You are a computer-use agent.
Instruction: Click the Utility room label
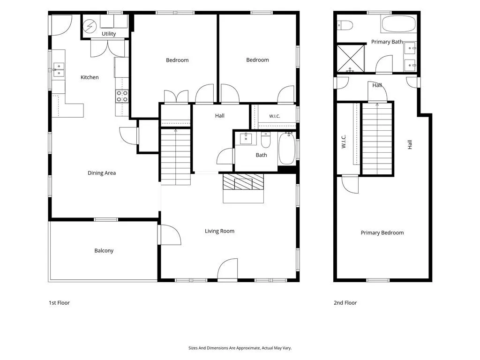109,34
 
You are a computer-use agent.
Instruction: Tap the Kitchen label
90,77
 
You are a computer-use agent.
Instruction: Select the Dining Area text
102,173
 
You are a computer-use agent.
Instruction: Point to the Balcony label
104,250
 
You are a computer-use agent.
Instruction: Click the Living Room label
219,231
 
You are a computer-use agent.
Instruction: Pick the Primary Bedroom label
382,232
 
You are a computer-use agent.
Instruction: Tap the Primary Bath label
387,42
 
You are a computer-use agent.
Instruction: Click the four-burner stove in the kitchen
122,96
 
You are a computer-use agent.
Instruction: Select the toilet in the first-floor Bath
265,140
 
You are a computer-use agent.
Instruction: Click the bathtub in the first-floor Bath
286,149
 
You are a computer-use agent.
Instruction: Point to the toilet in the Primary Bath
345,25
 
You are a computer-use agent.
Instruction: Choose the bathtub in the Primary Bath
398,23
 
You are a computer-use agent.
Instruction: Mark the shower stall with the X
351,59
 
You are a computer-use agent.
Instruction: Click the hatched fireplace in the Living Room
243,182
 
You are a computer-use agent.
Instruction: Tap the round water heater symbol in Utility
90,26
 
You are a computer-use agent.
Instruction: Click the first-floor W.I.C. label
275,116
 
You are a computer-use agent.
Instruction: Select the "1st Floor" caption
59,303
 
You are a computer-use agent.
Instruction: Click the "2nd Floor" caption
345,303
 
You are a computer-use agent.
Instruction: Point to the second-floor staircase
377,139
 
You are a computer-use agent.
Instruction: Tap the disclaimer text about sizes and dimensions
240,348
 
